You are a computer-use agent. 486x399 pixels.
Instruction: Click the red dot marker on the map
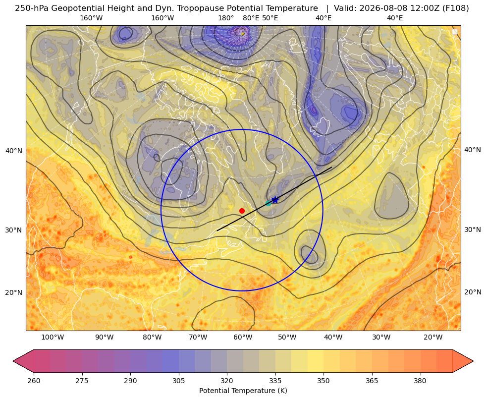pyautogui.click(x=242, y=211)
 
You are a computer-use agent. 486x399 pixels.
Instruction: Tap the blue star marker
pyautogui.click(x=275, y=200)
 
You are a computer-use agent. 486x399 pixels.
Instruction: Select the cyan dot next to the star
pyautogui.click(x=269, y=203)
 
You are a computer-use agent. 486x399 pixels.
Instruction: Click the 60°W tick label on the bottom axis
pyautogui.click(x=243, y=337)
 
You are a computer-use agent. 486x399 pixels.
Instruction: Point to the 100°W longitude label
pyautogui.click(x=53, y=337)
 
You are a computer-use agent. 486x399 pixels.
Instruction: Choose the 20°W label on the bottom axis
pyautogui.click(x=433, y=337)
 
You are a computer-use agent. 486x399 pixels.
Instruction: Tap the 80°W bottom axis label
pyautogui.click(x=152, y=337)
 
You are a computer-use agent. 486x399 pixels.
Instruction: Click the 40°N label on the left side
pyautogui.click(x=14, y=151)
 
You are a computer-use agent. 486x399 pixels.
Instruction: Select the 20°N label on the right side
pyautogui.click(x=473, y=292)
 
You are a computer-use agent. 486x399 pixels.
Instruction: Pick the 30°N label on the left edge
pyautogui.click(x=14, y=230)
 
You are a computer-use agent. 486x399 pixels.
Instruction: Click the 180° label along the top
pyautogui.click(x=226, y=18)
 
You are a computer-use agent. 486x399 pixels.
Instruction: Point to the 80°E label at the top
pyautogui.click(x=251, y=18)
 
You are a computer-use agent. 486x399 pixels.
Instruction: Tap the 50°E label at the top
pyautogui.click(x=270, y=18)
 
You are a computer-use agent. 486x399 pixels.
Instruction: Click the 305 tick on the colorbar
pyautogui.click(x=178, y=381)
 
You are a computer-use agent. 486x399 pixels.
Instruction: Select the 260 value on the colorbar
pyautogui.click(x=34, y=381)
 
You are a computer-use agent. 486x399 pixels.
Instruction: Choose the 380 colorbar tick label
pyautogui.click(x=420, y=381)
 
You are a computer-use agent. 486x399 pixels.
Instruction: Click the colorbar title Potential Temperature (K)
pyautogui.click(x=243, y=391)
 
